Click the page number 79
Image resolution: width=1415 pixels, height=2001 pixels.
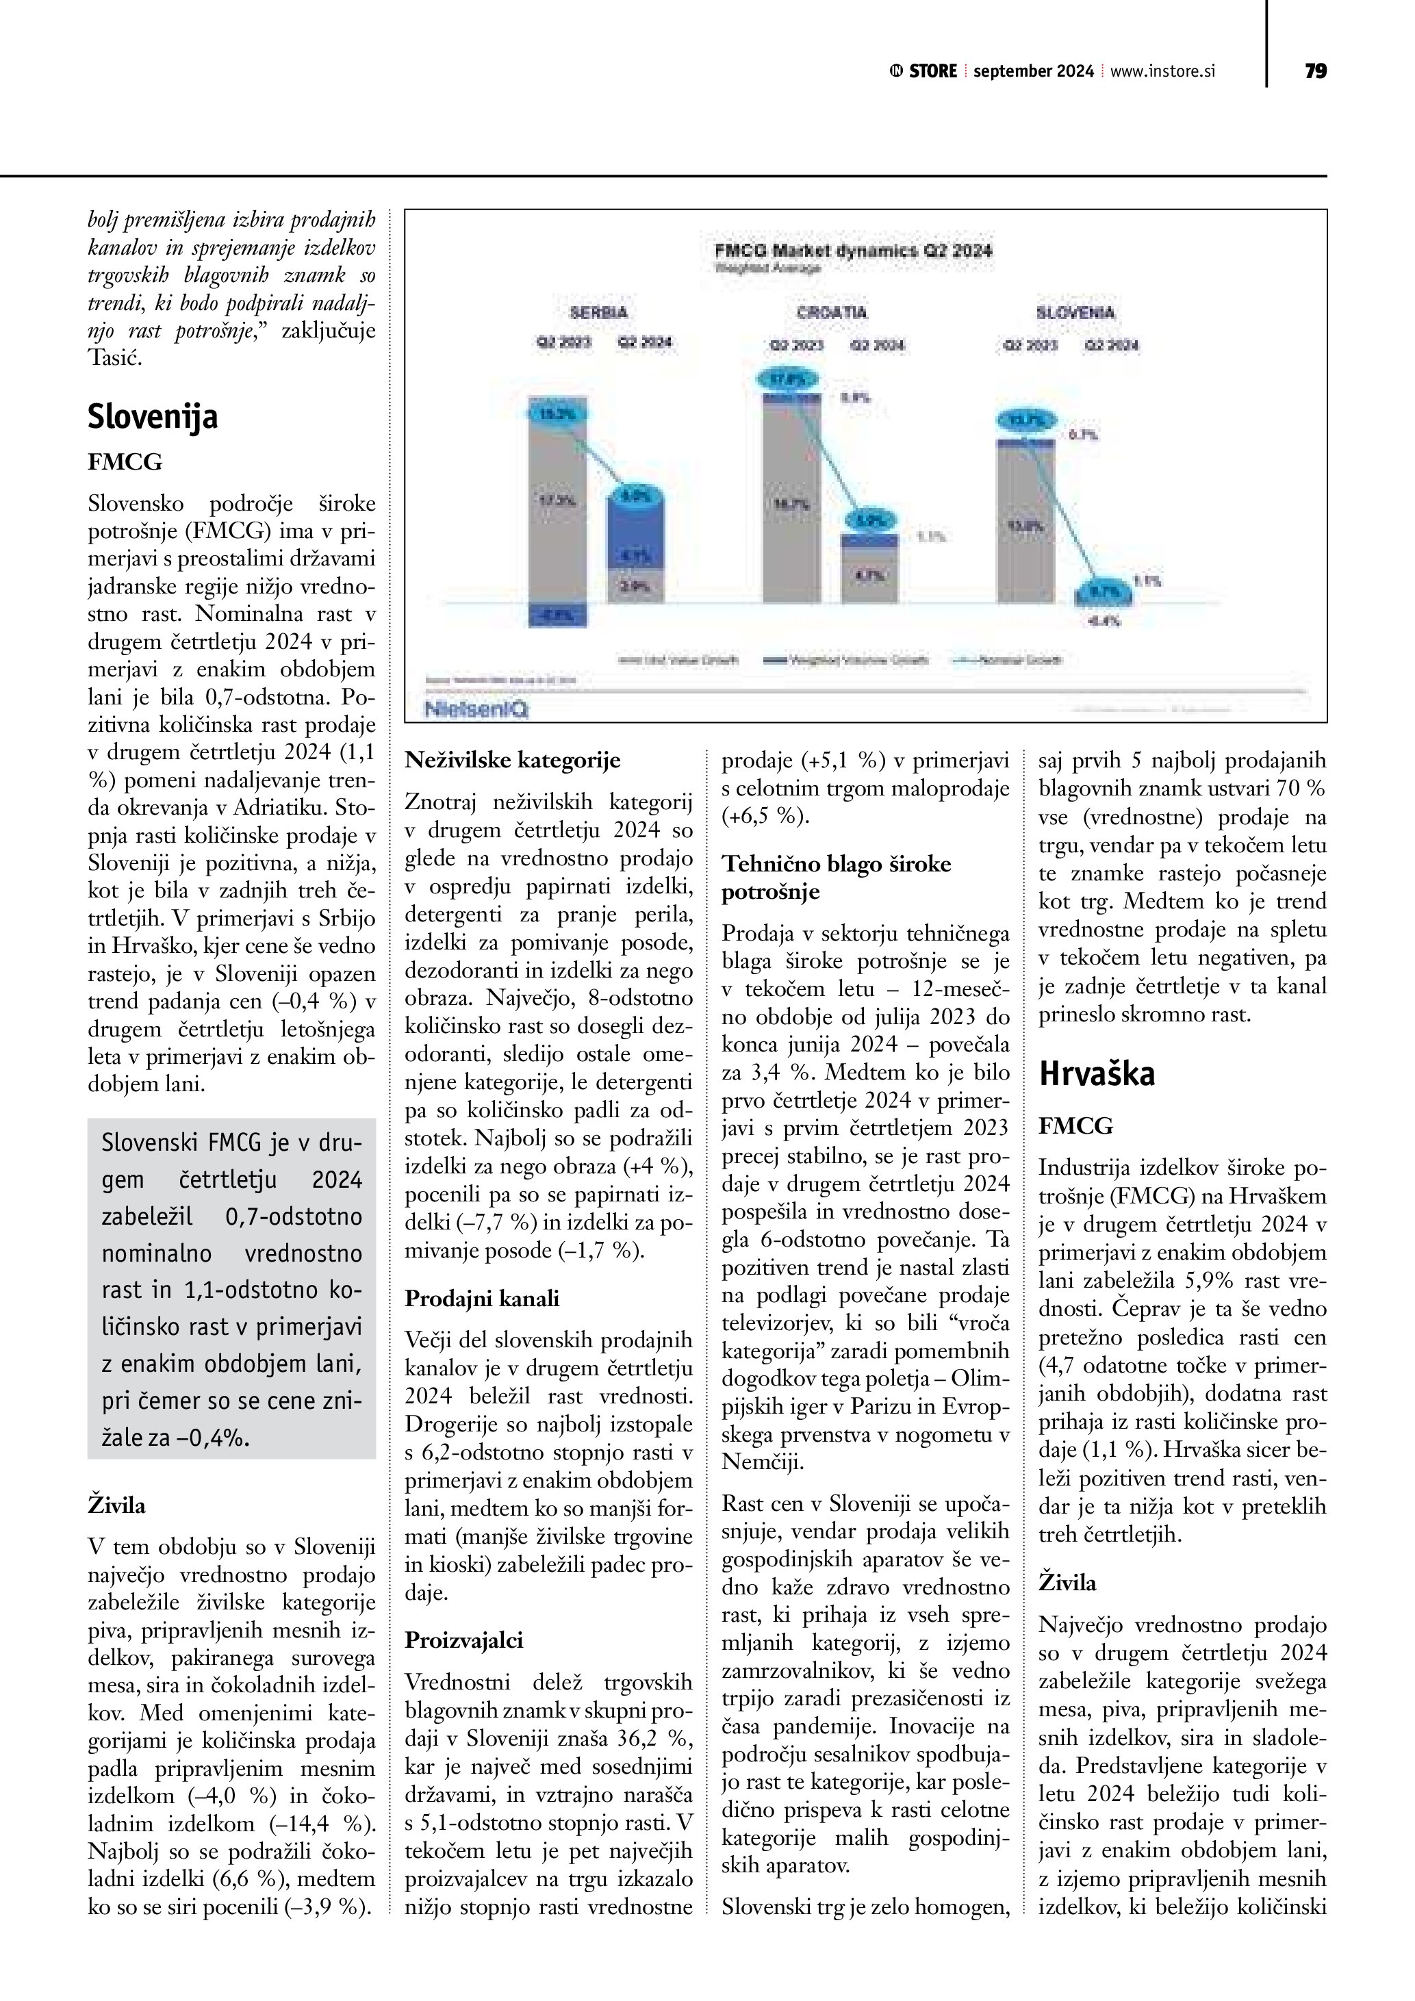point(1316,71)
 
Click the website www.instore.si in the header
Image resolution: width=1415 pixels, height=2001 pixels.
point(1162,71)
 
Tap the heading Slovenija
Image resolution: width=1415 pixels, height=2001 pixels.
point(153,417)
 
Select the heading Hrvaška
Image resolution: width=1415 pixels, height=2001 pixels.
point(1097,1073)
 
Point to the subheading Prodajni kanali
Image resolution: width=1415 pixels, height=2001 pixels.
point(482,1299)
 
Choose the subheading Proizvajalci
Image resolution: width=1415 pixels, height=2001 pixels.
point(464,1640)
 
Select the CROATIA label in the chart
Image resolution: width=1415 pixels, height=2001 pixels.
point(832,312)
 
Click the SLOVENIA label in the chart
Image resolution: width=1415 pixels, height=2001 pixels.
point(1075,312)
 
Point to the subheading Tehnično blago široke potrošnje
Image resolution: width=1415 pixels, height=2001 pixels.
point(837,878)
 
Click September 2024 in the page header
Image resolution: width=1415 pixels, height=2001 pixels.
point(1034,71)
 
